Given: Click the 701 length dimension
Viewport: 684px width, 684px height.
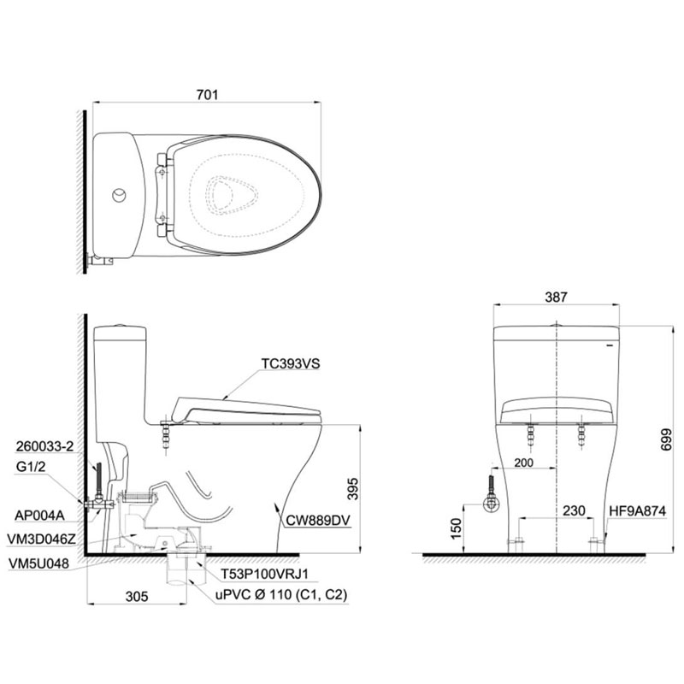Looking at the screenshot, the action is (207, 95).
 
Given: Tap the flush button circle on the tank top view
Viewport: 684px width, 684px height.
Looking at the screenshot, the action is (119, 195).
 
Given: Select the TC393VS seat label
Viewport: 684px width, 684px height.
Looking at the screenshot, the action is (291, 363).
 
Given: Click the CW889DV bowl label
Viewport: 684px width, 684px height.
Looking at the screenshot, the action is (317, 520).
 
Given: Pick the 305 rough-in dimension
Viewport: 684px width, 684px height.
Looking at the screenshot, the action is (137, 596).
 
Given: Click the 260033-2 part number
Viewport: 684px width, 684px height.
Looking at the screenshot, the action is (45, 446).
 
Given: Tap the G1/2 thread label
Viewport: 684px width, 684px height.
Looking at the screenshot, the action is (31, 467).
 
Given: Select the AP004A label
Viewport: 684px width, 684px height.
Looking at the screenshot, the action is (39, 516).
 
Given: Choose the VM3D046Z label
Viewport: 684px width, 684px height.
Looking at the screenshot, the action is (41, 540).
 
